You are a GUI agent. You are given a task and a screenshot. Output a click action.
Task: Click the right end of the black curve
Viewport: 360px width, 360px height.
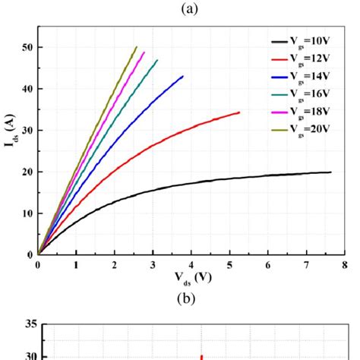pyautogui.click(x=330, y=172)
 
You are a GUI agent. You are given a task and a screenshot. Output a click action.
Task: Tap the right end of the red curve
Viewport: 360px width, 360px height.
pyautogui.click(x=239, y=112)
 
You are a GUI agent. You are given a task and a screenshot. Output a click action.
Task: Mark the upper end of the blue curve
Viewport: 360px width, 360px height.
pyautogui.click(x=183, y=76)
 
